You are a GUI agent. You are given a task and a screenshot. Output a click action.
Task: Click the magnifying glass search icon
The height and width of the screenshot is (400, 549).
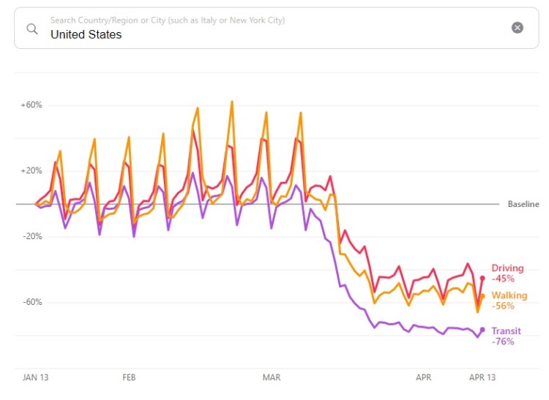click(32, 29)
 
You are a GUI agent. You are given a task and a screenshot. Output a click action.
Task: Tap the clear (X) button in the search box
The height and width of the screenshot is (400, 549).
click(518, 28)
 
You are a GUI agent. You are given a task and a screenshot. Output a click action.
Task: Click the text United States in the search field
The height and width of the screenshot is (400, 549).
click(86, 34)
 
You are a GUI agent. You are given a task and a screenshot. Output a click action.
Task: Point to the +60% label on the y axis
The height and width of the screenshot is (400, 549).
click(31, 105)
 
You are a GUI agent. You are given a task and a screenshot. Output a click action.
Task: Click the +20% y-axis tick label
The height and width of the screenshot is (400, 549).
click(31, 171)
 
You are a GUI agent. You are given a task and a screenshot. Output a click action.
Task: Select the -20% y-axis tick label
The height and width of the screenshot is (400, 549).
click(32, 237)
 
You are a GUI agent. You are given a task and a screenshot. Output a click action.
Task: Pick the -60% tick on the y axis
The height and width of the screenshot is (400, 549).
click(32, 303)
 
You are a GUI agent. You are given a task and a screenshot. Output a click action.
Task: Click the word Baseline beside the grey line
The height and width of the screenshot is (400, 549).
click(523, 204)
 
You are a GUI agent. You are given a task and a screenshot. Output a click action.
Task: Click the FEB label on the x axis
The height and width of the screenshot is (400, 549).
click(129, 378)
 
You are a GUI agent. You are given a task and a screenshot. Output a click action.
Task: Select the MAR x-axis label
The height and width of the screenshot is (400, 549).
click(272, 378)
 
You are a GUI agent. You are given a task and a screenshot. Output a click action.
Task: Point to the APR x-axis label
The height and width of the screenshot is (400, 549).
click(423, 378)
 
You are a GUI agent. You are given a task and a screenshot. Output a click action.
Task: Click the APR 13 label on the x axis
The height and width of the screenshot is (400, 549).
click(482, 378)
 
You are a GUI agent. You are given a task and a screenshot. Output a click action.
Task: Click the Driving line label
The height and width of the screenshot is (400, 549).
click(507, 268)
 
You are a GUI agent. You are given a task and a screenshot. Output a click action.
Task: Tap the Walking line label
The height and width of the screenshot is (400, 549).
click(509, 295)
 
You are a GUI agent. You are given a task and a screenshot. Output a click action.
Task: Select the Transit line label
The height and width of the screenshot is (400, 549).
click(507, 331)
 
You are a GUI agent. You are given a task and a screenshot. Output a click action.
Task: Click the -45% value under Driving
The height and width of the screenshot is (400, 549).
click(503, 279)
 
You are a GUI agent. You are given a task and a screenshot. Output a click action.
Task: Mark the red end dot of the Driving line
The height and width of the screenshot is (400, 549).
click(482, 278)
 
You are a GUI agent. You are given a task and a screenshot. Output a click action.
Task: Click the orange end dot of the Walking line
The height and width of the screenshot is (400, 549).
click(482, 296)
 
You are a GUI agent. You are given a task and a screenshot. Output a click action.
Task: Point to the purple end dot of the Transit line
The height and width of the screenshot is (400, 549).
click(482, 329)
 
